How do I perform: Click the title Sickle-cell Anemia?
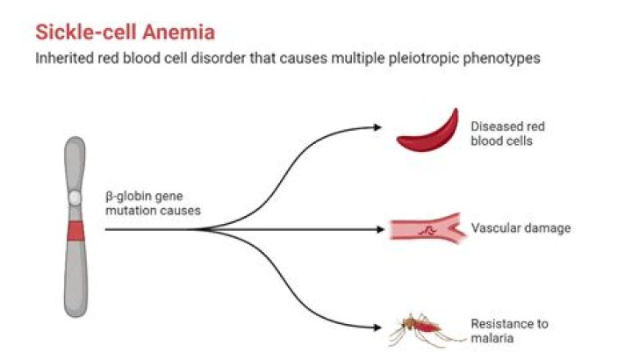pyautogui.click(x=126, y=32)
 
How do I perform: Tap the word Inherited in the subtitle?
pyautogui.click(x=63, y=59)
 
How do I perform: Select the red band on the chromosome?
pyautogui.click(x=76, y=231)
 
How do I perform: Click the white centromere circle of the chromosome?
pyautogui.click(x=76, y=199)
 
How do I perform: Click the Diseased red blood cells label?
pyautogui.click(x=508, y=133)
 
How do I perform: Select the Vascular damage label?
pyautogui.click(x=521, y=228)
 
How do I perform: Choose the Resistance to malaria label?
pyautogui.click(x=509, y=330)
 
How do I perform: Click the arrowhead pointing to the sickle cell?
pyautogui.click(x=377, y=127)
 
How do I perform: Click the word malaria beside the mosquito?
pyautogui.click(x=489, y=337)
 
